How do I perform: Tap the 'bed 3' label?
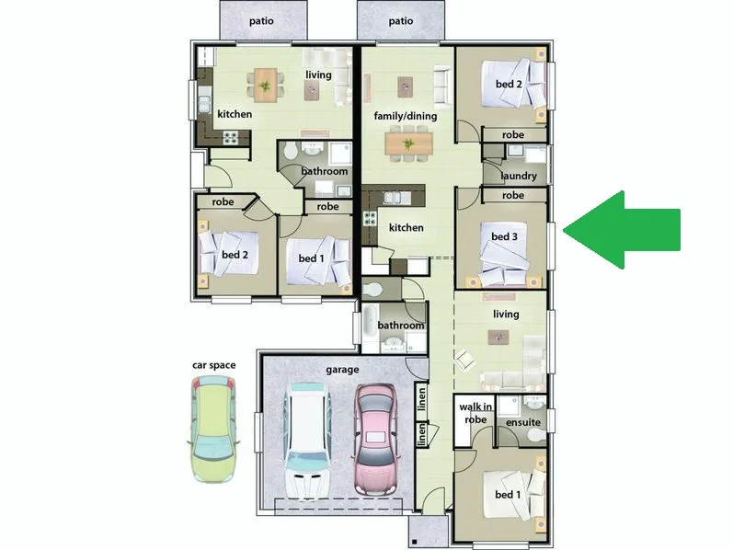pyautogui.click(x=504, y=237)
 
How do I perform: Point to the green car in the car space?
pyautogui.click(x=213, y=429)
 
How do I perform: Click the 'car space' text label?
pyautogui.click(x=213, y=365)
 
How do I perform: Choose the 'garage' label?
pyautogui.click(x=341, y=371)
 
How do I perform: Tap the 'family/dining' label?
pyautogui.click(x=405, y=117)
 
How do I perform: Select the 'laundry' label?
pyautogui.click(x=519, y=176)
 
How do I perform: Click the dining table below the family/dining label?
pyautogui.click(x=407, y=143)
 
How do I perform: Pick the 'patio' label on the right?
pyautogui.click(x=400, y=20)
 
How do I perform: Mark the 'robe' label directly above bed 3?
pyautogui.click(x=513, y=196)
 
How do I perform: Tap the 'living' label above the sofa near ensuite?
pyautogui.click(x=505, y=315)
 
